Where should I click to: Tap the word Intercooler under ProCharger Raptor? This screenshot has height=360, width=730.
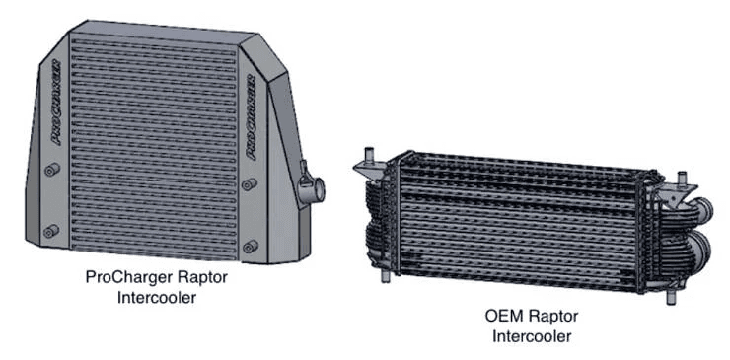(155, 297)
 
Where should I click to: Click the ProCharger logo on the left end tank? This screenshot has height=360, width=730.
(55, 103)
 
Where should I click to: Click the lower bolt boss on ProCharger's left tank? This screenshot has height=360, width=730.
(49, 232)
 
